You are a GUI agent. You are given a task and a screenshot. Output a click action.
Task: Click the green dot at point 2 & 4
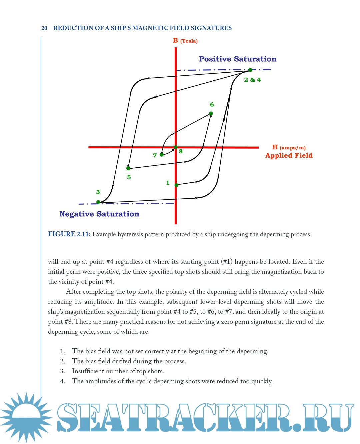(x=250, y=70)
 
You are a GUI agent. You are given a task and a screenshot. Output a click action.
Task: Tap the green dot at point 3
(x=98, y=202)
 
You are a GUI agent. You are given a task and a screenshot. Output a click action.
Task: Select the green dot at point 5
(x=128, y=168)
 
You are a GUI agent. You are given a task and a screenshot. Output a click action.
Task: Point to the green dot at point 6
(x=211, y=114)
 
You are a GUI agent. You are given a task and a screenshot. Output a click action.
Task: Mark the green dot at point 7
(x=162, y=155)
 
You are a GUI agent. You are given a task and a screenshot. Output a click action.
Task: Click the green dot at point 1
(x=176, y=185)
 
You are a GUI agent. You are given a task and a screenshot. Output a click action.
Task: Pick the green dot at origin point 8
(x=176, y=147)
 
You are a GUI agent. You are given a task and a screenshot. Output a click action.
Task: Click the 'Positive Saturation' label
(x=238, y=59)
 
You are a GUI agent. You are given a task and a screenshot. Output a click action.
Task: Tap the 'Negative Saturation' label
(x=99, y=214)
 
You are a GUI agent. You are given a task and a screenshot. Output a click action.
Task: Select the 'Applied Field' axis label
(x=289, y=155)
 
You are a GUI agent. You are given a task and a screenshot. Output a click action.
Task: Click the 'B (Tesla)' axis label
(x=185, y=41)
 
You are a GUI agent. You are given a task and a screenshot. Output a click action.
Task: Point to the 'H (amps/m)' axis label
(x=289, y=147)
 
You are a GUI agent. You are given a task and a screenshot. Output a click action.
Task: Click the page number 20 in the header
(x=44, y=28)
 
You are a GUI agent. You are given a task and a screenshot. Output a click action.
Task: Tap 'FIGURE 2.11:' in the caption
(x=69, y=234)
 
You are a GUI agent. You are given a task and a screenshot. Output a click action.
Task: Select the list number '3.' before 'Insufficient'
(x=62, y=371)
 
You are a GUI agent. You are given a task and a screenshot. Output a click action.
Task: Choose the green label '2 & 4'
(x=252, y=80)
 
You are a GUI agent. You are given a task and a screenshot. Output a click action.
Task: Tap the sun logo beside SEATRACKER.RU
(x=26, y=417)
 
